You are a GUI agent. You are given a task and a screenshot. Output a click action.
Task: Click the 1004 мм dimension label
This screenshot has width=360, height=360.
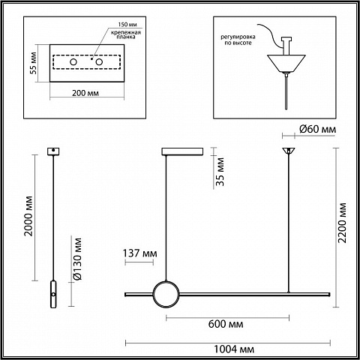click(234, 349)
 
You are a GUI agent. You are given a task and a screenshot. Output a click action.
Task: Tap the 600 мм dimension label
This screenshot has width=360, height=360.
click(226, 324)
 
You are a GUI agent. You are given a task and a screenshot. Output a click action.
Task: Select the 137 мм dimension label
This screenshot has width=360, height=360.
click(139, 253)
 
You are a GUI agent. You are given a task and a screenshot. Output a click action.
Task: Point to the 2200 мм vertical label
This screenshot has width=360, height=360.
click(342, 223)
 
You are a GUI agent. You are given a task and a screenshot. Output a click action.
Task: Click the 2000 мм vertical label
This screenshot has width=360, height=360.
click(28, 216)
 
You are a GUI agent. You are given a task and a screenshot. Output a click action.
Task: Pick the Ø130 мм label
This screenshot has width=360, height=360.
click(77, 259)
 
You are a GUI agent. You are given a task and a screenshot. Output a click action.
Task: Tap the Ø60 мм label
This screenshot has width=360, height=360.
click(317, 129)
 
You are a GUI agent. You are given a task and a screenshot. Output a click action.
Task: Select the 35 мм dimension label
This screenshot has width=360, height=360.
click(220, 172)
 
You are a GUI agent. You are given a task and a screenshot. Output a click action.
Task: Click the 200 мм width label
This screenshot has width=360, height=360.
click(85, 93)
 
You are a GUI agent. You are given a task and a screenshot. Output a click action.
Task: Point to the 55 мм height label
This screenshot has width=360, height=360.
click(33, 63)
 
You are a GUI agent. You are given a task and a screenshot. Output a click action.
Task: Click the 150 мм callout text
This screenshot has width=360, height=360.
click(127, 25)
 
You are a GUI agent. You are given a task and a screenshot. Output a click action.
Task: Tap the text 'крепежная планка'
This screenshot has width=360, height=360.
click(126, 34)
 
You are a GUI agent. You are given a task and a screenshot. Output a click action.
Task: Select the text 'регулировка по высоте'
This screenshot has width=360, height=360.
click(238, 40)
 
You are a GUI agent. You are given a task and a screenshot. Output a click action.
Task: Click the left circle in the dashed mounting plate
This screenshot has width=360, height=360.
click(73, 61)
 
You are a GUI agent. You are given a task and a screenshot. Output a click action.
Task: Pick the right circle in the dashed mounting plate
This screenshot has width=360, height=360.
click(99, 61)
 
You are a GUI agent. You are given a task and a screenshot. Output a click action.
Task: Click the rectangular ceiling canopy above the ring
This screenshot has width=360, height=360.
click(182, 151)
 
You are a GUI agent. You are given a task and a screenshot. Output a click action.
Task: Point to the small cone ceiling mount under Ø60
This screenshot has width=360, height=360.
click(289, 151)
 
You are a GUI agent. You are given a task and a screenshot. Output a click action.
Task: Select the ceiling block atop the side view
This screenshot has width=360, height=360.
click(53, 151)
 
